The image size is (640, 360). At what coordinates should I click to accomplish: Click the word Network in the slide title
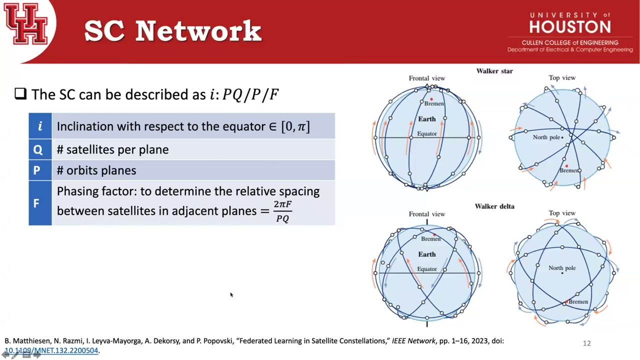[198, 31]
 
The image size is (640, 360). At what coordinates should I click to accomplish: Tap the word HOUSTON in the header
[570, 27]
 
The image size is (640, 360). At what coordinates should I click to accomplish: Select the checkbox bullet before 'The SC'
[20, 93]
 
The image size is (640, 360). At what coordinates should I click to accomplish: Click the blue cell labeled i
[40, 126]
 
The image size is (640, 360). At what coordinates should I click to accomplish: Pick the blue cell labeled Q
[40, 149]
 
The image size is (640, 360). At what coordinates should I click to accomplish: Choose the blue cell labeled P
[40, 170]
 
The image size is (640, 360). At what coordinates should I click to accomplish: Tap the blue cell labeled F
[40, 203]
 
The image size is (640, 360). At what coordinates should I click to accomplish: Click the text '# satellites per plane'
[113, 149]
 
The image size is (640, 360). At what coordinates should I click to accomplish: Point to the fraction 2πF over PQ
[282, 211]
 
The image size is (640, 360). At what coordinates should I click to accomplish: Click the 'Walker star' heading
[494, 71]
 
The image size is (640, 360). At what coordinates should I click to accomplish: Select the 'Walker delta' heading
[494, 206]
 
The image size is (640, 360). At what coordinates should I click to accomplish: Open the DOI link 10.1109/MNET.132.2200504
[51, 350]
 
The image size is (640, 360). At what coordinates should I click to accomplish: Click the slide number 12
[586, 343]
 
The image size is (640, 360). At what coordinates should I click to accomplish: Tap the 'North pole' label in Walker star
[546, 137]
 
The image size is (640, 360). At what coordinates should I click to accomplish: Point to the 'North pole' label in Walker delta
[562, 268]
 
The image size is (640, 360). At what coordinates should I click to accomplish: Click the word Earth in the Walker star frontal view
[427, 119]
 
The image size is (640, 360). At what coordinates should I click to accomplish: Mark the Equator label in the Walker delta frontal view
[427, 269]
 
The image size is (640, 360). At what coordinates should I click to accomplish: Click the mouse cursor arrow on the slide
[231, 295]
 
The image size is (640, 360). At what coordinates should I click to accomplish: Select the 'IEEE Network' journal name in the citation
[413, 341]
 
